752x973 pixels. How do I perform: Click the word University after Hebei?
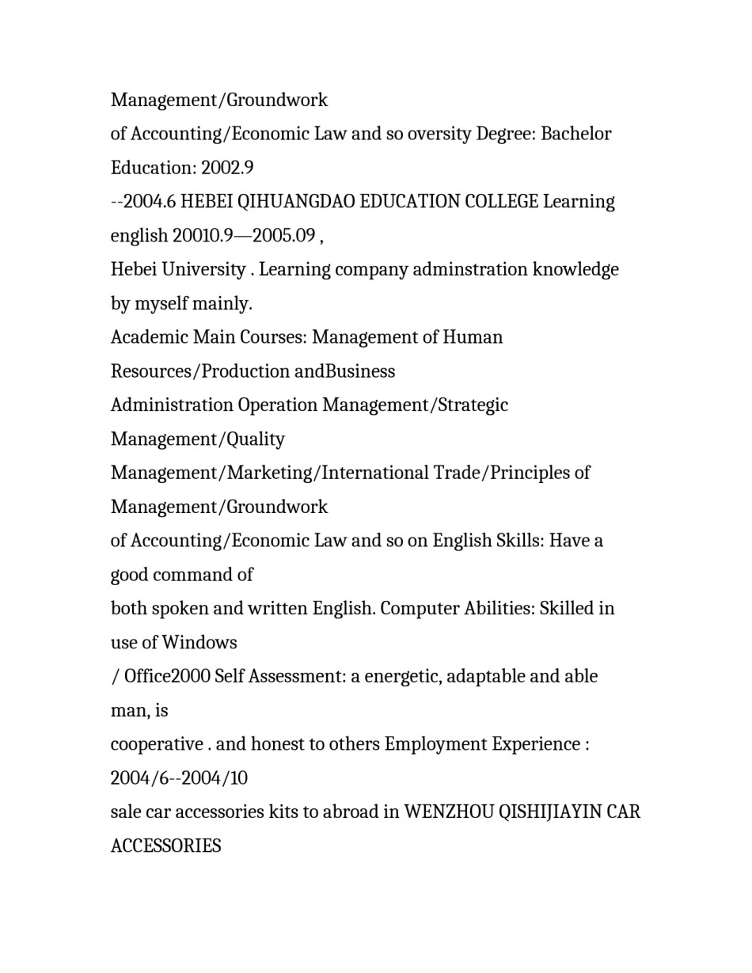[x=203, y=270]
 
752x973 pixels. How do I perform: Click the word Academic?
[x=149, y=337]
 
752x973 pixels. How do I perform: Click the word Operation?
[x=277, y=405]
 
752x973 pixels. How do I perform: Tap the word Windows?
[x=199, y=643]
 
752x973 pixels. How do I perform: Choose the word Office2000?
[x=166, y=677]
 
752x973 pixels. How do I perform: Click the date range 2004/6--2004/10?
[x=179, y=779]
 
